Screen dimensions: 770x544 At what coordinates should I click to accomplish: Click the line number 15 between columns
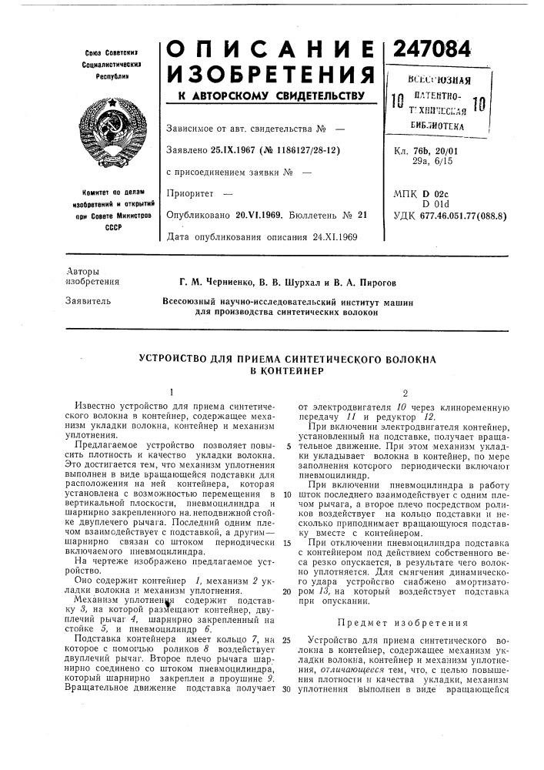click(x=285, y=544)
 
